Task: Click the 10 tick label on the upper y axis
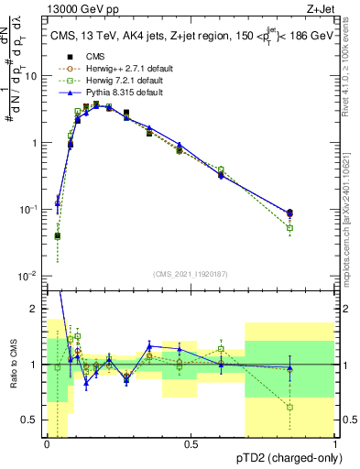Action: click(x=32, y=77)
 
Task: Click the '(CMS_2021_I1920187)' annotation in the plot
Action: click(x=191, y=273)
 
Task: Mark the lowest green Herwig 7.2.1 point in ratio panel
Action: click(x=290, y=407)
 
